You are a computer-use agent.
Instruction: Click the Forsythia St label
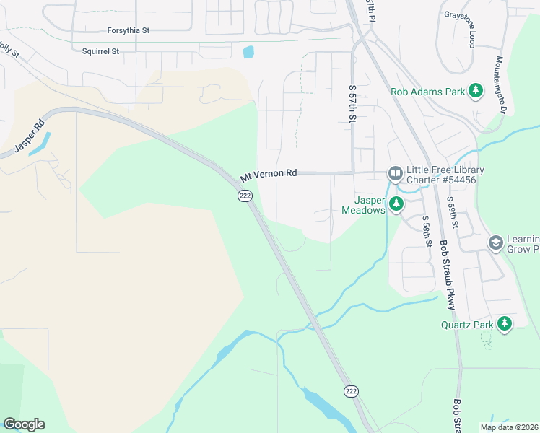[128, 31]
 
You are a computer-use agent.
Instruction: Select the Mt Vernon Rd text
[269, 174]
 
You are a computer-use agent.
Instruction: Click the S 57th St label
[352, 106]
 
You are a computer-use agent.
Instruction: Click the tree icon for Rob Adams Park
[476, 91]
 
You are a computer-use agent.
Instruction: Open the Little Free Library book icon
[396, 173]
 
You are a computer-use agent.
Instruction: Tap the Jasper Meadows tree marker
[396, 204]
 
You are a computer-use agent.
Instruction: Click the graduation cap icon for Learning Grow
[495, 243]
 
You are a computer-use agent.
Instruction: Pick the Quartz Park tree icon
[504, 324]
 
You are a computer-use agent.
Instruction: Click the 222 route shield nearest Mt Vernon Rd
[245, 196]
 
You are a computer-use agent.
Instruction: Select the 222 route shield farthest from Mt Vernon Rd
[351, 390]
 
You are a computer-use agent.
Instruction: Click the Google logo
[24, 424]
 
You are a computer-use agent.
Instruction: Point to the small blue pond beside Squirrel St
[249, 52]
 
